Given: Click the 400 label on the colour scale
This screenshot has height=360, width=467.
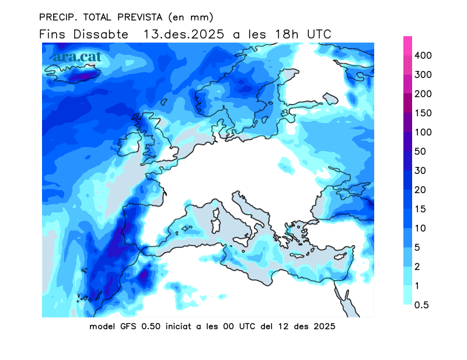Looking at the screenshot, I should point(422,55).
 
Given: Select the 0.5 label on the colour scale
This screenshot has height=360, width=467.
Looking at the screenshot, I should point(422,305).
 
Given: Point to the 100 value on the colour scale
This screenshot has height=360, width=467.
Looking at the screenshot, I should point(422,132).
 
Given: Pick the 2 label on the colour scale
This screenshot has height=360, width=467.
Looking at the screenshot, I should point(417,267).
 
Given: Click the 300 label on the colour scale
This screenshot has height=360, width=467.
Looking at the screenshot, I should point(422,75).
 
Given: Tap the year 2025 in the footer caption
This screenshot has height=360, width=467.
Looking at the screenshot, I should point(324,326).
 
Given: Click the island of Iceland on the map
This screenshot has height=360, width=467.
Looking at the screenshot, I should point(73,74).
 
